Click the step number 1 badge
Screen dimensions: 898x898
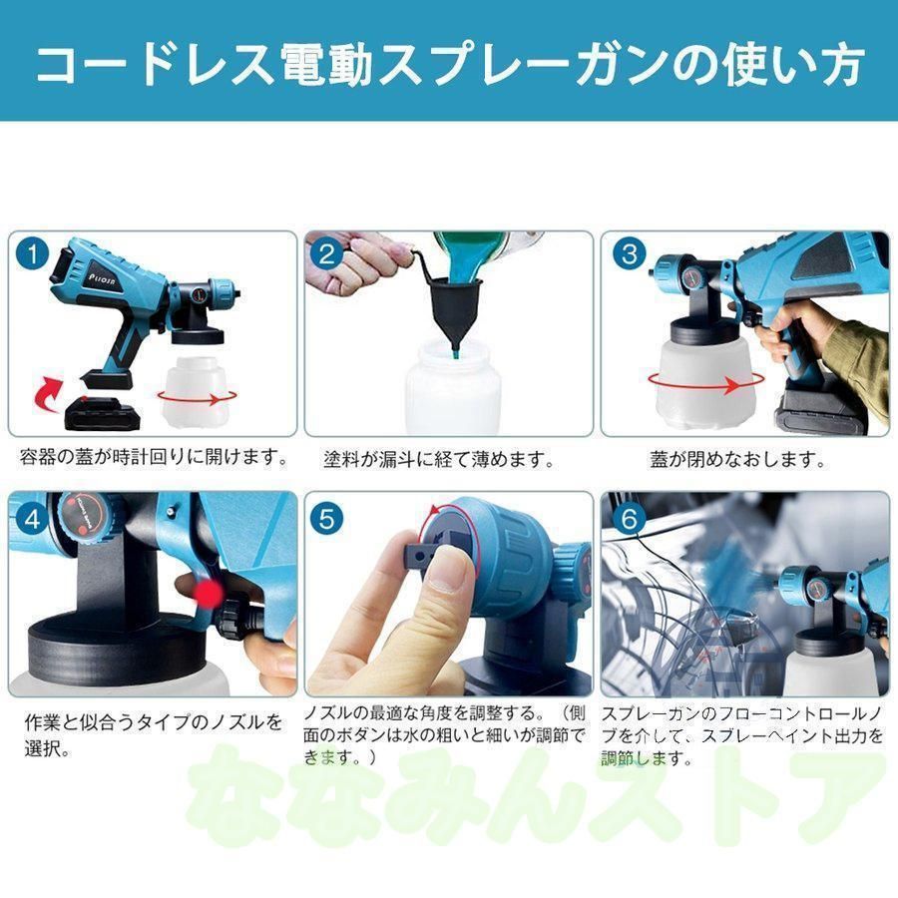[x=33, y=253]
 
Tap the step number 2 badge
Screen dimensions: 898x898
[x=327, y=254]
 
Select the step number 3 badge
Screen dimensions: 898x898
[x=630, y=253]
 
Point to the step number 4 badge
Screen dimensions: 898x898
[x=33, y=519]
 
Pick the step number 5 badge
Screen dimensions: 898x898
[x=327, y=519]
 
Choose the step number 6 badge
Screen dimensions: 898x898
[x=630, y=519]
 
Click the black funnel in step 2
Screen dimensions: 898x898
[x=455, y=303]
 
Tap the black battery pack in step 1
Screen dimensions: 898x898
[x=103, y=414]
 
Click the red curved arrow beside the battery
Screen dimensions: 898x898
[x=50, y=392]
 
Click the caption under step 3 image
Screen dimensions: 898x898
[x=737, y=459]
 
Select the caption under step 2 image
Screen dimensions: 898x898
[x=440, y=459]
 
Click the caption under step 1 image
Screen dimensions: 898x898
[x=153, y=458]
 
